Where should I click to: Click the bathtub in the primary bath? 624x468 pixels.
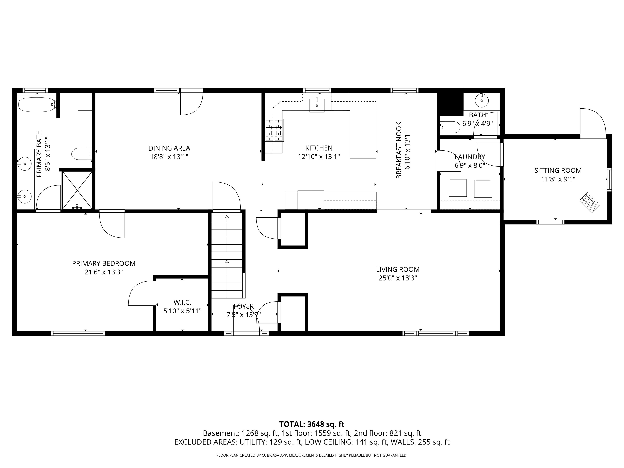coord(37,105)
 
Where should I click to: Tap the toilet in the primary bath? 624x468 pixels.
coord(82,154)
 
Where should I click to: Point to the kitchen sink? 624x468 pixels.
coord(317,105)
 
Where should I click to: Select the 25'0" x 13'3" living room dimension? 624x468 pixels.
coord(398,278)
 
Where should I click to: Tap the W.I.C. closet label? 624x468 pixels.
coord(182,303)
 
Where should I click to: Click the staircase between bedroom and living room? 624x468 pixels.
coord(227,256)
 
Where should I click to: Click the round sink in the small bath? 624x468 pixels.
coord(482,100)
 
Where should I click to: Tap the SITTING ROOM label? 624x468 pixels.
coord(558,170)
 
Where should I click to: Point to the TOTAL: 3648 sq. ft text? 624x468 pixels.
coord(312,424)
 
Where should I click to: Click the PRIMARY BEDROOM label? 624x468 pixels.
coord(104,263)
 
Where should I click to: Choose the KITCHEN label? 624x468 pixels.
coord(319,148)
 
